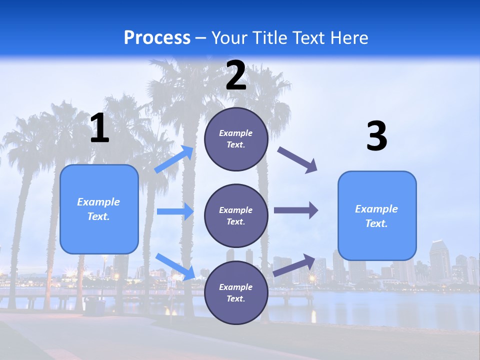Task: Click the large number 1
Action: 99,128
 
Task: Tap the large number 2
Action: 236,75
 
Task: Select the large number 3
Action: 376,136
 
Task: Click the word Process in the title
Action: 157,37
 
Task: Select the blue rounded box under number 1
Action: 99,209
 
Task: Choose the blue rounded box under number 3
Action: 377,215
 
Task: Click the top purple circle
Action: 236,139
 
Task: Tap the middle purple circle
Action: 236,215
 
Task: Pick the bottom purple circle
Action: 236,292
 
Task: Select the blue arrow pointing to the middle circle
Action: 175,211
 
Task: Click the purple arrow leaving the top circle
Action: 297,160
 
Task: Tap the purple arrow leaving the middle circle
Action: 296,210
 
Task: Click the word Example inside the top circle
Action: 236,133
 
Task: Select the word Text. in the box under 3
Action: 376,223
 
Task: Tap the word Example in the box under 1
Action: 98,202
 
